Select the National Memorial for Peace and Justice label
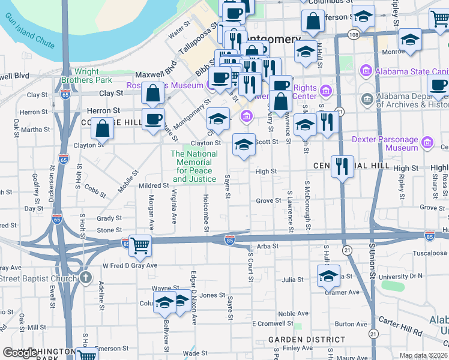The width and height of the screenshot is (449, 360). pos(194,166)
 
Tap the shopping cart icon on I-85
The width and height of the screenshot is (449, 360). pos(140,244)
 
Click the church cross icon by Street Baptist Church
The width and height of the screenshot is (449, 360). pos(86,278)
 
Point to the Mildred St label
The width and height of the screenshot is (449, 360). pos(153,185)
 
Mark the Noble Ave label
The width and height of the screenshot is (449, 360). pos(294,314)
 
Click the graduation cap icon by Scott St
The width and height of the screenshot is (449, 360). pos(244,145)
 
